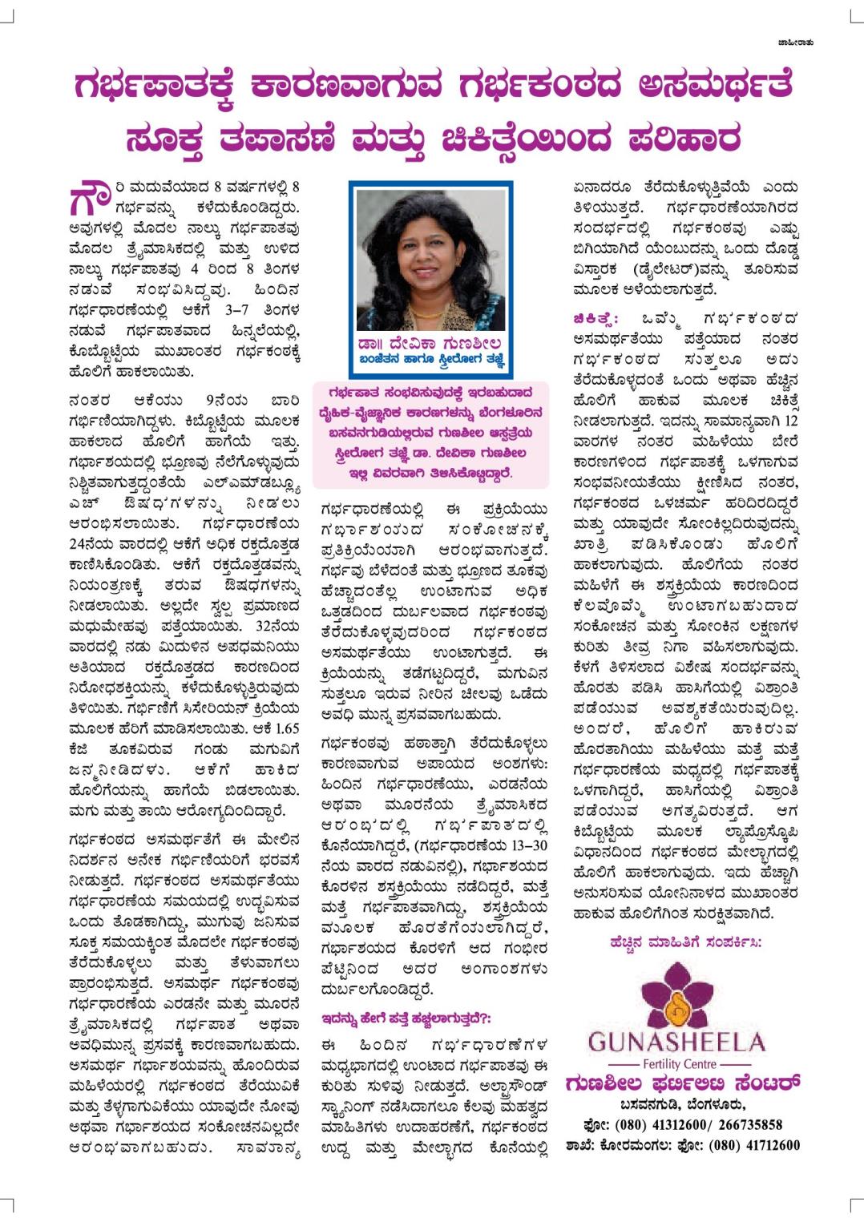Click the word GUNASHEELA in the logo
(x=676, y=1043)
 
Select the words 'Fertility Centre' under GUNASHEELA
(x=677, y=1064)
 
